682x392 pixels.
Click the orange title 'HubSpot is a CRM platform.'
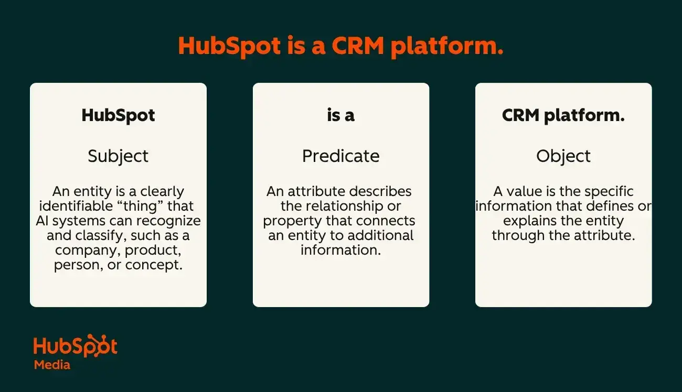[340, 46]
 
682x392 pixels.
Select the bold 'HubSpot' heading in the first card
[118, 116]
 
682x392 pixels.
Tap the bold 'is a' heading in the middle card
[340, 115]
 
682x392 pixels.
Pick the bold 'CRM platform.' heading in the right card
[563, 116]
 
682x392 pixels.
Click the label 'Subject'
[118, 157]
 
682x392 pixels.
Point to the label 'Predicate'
[340, 156]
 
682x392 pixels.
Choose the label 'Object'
[563, 157]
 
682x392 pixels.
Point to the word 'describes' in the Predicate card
[380, 191]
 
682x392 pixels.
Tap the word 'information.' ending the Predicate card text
[340, 250]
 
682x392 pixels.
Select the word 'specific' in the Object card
[609, 192]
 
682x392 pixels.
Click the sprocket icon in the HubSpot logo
[98, 345]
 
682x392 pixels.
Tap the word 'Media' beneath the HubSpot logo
[52, 365]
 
